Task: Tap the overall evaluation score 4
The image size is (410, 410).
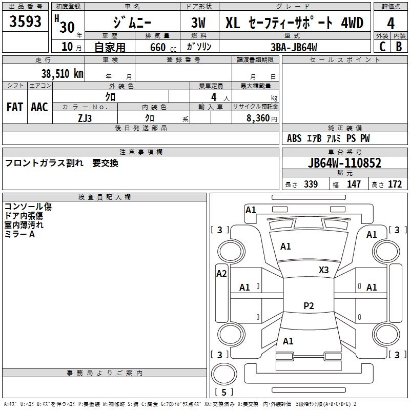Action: (x=391, y=23)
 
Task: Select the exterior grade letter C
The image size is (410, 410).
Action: (x=382, y=46)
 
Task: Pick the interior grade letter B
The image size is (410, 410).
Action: (x=399, y=46)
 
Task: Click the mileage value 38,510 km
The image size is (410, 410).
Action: (x=62, y=73)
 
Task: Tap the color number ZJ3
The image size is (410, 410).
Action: (x=85, y=117)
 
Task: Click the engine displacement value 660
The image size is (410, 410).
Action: (x=157, y=47)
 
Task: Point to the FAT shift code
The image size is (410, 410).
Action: (x=15, y=107)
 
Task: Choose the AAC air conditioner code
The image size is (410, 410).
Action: (x=39, y=107)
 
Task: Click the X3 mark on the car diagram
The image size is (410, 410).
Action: (x=324, y=270)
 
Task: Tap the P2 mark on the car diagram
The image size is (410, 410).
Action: (x=309, y=306)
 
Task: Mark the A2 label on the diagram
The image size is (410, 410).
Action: (x=221, y=274)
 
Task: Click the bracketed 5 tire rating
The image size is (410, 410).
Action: (x=224, y=393)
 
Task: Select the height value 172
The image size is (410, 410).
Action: (x=395, y=184)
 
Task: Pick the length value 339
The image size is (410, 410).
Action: (x=310, y=184)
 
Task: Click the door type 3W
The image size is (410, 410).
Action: (x=199, y=23)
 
